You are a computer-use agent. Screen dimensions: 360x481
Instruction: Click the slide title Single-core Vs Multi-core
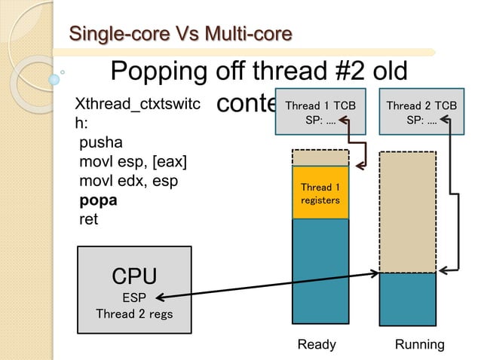pos(180,34)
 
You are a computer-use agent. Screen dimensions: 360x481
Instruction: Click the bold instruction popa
pos(98,200)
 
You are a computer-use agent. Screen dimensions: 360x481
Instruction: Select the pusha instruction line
pos(101,142)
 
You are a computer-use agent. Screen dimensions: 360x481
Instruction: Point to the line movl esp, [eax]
pos(133,161)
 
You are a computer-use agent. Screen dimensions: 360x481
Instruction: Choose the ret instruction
pos(88,220)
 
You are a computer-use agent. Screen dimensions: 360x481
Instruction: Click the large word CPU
pos(134,276)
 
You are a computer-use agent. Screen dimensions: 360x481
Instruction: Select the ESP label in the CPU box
pos(134,297)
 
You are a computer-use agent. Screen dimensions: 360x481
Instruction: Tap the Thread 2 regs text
pos(134,313)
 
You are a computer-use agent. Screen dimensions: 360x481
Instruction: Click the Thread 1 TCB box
pos(320,112)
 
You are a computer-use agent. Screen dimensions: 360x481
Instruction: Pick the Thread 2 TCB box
pos(421,112)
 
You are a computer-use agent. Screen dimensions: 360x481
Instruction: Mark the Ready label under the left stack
pos(317,344)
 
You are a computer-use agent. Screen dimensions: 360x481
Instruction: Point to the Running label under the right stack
pos(420,344)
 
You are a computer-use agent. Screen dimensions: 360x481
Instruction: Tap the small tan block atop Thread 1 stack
pos(320,157)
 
